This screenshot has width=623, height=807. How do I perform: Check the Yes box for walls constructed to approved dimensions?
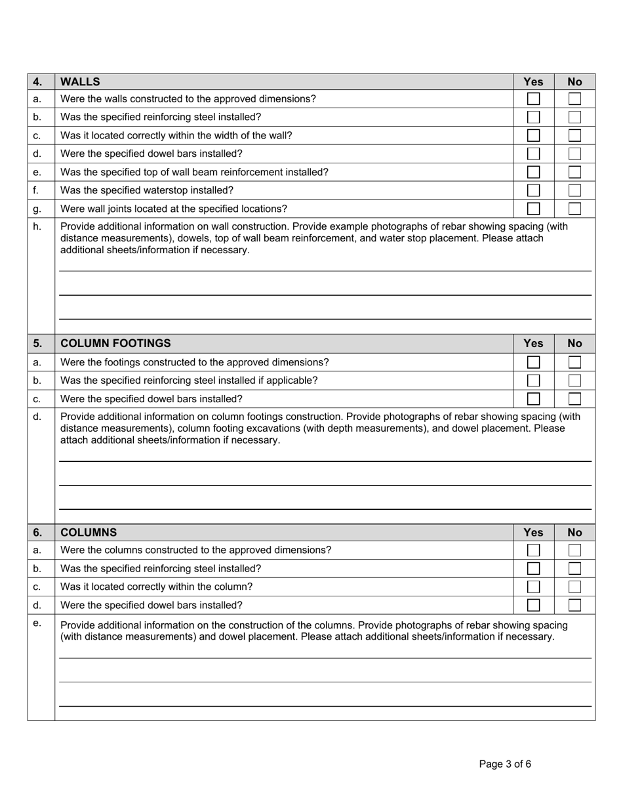point(533,99)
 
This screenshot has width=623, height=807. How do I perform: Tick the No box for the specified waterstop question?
point(574,190)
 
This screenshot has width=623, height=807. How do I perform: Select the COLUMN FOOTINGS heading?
point(115,343)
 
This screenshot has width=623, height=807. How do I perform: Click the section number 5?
point(37,343)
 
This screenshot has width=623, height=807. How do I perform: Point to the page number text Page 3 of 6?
point(505,764)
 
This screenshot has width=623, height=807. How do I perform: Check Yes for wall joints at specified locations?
point(533,209)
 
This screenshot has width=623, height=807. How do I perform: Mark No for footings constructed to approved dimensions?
point(574,362)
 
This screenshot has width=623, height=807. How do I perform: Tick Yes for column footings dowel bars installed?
point(533,399)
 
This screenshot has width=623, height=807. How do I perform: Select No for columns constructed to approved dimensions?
point(574,550)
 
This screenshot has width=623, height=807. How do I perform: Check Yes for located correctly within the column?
point(533,587)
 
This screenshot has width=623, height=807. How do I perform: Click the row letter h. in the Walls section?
point(37,226)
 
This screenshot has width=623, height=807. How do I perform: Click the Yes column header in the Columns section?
point(533,533)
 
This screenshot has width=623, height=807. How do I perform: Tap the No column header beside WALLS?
point(574,82)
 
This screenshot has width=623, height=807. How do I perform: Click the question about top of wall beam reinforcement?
point(194,172)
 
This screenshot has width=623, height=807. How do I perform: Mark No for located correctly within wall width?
point(574,136)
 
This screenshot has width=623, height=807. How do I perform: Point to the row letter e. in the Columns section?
point(37,623)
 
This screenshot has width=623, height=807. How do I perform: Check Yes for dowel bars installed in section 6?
point(533,605)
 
